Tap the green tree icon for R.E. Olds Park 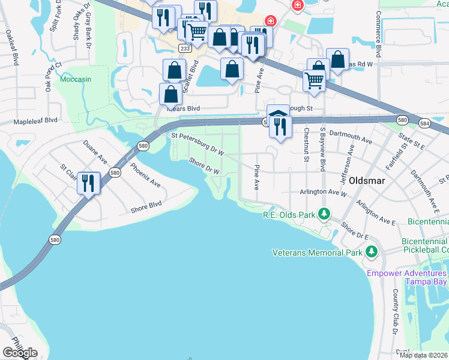pyautogui.click(x=324, y=214)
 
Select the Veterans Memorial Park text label pyautogui.click(x=317, y=253)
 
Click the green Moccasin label pyautogui.click(x=76, y=79)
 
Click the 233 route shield pyautogui.click(x=185, y=47)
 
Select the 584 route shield pyautogui.click(x=425, y=124)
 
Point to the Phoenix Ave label pyautogui.click(x=145, y=175)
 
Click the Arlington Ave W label pyautogui.click(x=323, y=193)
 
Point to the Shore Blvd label pyautogui.click(x=146, y=207)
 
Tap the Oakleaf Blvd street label pyautogui.click(x=8, y=45)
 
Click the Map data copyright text pyautogui.click(x=424, y=355)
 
